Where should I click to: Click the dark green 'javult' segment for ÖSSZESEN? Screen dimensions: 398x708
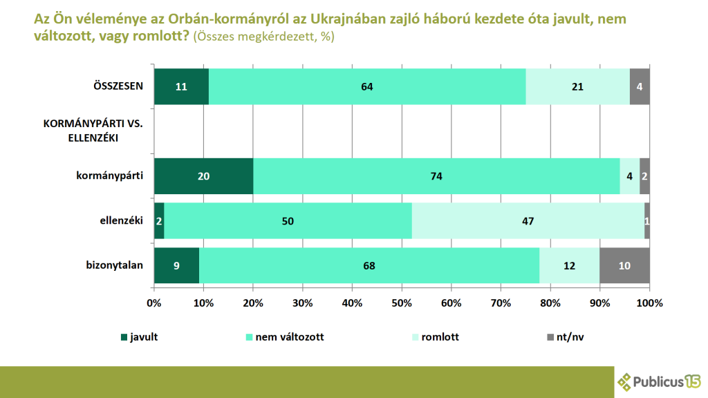[181, 86]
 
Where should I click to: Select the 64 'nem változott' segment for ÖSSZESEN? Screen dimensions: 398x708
[366, 86]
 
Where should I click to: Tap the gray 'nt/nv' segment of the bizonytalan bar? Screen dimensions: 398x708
[624, 265]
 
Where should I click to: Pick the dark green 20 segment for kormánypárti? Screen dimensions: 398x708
[203, 176]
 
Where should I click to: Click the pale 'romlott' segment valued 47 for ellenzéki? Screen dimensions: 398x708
[528, 220]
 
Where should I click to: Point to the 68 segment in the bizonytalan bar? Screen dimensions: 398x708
[369, 265]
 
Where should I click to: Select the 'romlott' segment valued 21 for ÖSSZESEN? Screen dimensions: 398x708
[577, 86]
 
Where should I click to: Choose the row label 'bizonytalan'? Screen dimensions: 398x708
[113, 265]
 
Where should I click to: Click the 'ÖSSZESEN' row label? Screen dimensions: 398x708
[118, 86]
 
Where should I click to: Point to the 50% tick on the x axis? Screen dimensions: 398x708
[402, 303]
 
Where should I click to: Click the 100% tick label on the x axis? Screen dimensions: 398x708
[649, 303]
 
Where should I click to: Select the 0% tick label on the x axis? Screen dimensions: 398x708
[154, 303]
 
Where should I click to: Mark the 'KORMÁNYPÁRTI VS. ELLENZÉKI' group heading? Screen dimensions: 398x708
[92, 131]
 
